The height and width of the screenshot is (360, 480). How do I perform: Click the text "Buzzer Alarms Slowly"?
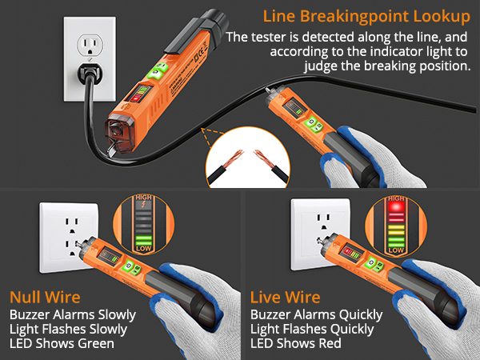click(73, 314)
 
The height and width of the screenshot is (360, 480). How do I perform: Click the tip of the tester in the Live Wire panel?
click(315, 237)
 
